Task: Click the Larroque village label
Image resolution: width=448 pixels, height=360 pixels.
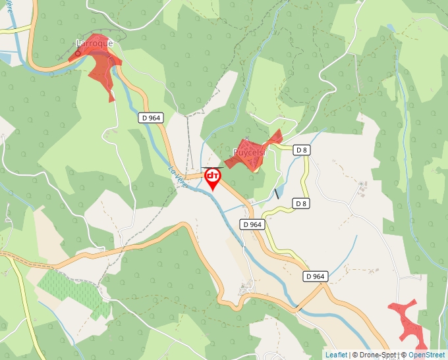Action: [x=95, y=43]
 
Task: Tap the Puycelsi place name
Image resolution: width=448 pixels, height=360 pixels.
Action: [x=248, y=153]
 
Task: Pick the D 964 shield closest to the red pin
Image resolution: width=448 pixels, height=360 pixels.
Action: [x=252, y=224]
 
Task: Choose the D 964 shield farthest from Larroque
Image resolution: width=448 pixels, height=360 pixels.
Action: [x=316, y=276]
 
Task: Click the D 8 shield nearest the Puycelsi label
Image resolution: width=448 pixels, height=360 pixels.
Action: [x=302, y=150]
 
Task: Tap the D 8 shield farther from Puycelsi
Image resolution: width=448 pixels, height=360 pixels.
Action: [x=302, y=203]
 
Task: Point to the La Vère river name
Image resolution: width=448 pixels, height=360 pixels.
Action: [x=178, y=177]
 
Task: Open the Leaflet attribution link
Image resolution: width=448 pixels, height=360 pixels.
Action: [x=335, y=355]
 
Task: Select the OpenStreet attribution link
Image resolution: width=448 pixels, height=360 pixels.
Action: [x=427, y=355]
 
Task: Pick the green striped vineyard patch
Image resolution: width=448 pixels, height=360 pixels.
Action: [x=69, y=290]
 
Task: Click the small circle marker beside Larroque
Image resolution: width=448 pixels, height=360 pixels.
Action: [x=78, y=53]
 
